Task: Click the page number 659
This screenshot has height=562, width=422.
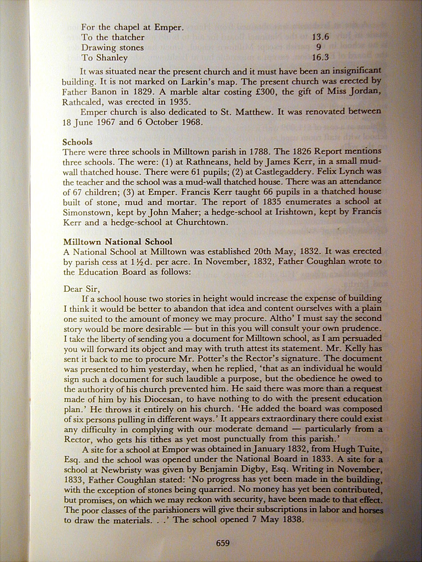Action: tap(223, 543)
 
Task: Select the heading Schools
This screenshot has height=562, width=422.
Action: tap(78, 142)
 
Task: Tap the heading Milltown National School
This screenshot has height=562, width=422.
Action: tap(118, 242)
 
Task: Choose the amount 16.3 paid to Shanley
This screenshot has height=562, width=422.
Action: tap(320, 57)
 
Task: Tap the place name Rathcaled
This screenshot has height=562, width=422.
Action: tap(83, 102)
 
